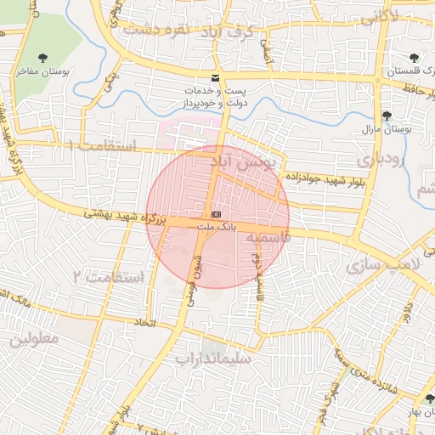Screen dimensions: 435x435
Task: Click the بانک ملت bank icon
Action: click(x=215, y=214)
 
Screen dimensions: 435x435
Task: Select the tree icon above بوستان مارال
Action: click(x=387, y=116)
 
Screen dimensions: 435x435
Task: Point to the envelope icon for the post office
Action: click(x=217, y=76)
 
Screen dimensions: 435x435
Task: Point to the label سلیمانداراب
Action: click(x=214, y=358)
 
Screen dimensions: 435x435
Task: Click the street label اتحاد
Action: click(x=144, y=324)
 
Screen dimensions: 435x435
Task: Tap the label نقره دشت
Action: click(x=153, y=29)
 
